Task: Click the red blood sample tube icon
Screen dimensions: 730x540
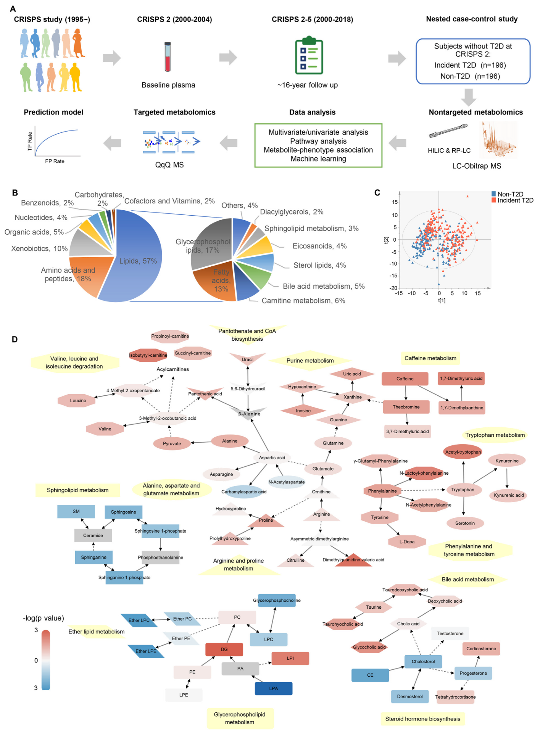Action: tap(168, 57)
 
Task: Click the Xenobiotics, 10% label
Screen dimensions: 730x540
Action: tap(39, 249)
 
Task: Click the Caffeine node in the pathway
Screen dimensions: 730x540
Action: tap(405, 379)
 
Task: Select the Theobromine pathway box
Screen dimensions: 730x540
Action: tap(406, 407)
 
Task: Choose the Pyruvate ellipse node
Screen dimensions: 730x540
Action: tap(172, 443)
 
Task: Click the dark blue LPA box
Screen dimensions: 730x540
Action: tap(274, 688)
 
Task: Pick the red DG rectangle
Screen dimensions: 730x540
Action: tap(224, 649)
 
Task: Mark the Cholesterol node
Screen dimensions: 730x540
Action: tap(423, 662)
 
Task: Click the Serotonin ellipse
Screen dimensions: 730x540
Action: tap(465, 523)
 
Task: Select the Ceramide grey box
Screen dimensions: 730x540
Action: tap(93, 535)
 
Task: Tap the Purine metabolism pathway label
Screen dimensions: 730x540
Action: tap(310, 361)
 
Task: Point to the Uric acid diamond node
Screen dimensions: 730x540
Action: tap(352, 374)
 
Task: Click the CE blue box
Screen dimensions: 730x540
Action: tap(370, 675)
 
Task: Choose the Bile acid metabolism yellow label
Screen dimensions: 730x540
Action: tap(468, 579)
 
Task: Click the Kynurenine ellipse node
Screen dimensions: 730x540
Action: tap(507, 461)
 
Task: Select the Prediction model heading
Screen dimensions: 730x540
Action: tap(53, 112)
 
